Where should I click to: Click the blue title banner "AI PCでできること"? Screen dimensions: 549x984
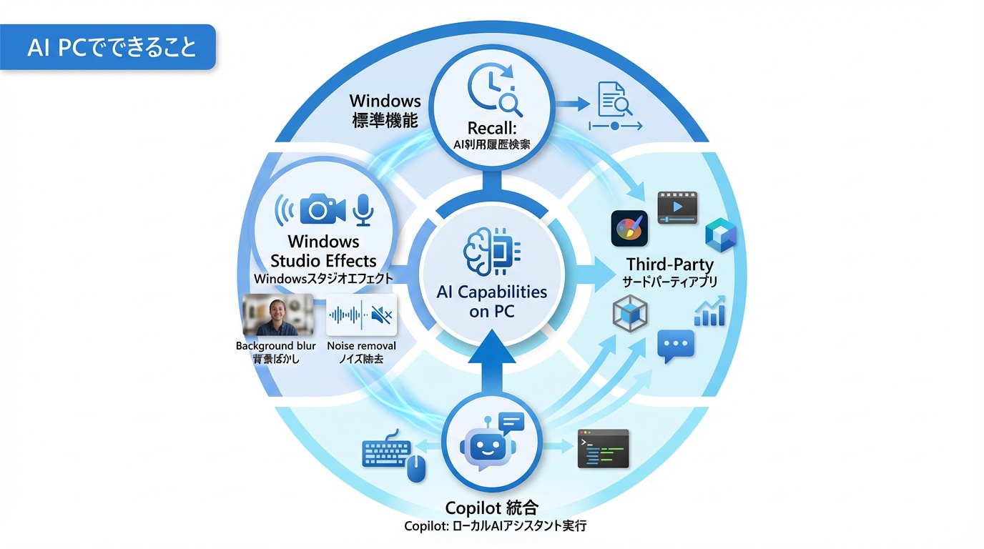click(107, 47)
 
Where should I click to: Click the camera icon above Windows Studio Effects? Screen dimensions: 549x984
click(323, 208)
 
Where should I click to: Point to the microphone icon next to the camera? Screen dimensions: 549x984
click(365, 208)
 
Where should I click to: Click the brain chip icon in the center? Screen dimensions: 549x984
click(491, 251)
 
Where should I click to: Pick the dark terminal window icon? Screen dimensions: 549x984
click(603, 449)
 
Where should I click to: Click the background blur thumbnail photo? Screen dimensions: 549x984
click(278, 315)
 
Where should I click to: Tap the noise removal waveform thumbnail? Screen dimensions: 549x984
click(362, 315)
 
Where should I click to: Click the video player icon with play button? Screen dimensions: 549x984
click(676, 207)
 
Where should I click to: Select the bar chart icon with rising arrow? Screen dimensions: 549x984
click(709, 312)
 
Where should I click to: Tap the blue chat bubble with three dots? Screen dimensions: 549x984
click(675, 346)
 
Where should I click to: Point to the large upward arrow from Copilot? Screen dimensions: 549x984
click(492, 365)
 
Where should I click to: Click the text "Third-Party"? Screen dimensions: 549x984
click(669, 264)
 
